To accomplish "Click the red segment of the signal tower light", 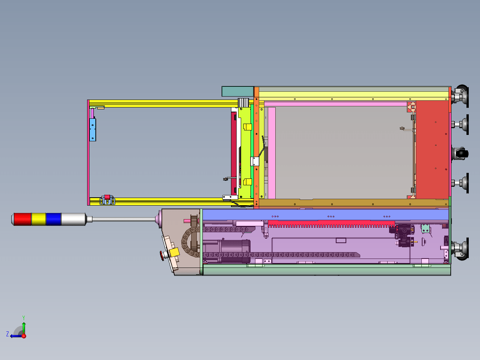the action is tap(23, 219).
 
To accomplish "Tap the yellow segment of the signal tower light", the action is tap(39, 219).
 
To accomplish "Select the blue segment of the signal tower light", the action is tap(54, 219).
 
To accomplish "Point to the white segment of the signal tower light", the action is tap(73, 219).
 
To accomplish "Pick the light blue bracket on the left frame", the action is tap(92, 130).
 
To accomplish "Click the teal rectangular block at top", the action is tap(238, 91).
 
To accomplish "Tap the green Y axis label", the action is tap(24, 318).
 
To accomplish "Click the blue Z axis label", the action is tap(8, 334).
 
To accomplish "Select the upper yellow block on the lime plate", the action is tap(248, 127).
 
